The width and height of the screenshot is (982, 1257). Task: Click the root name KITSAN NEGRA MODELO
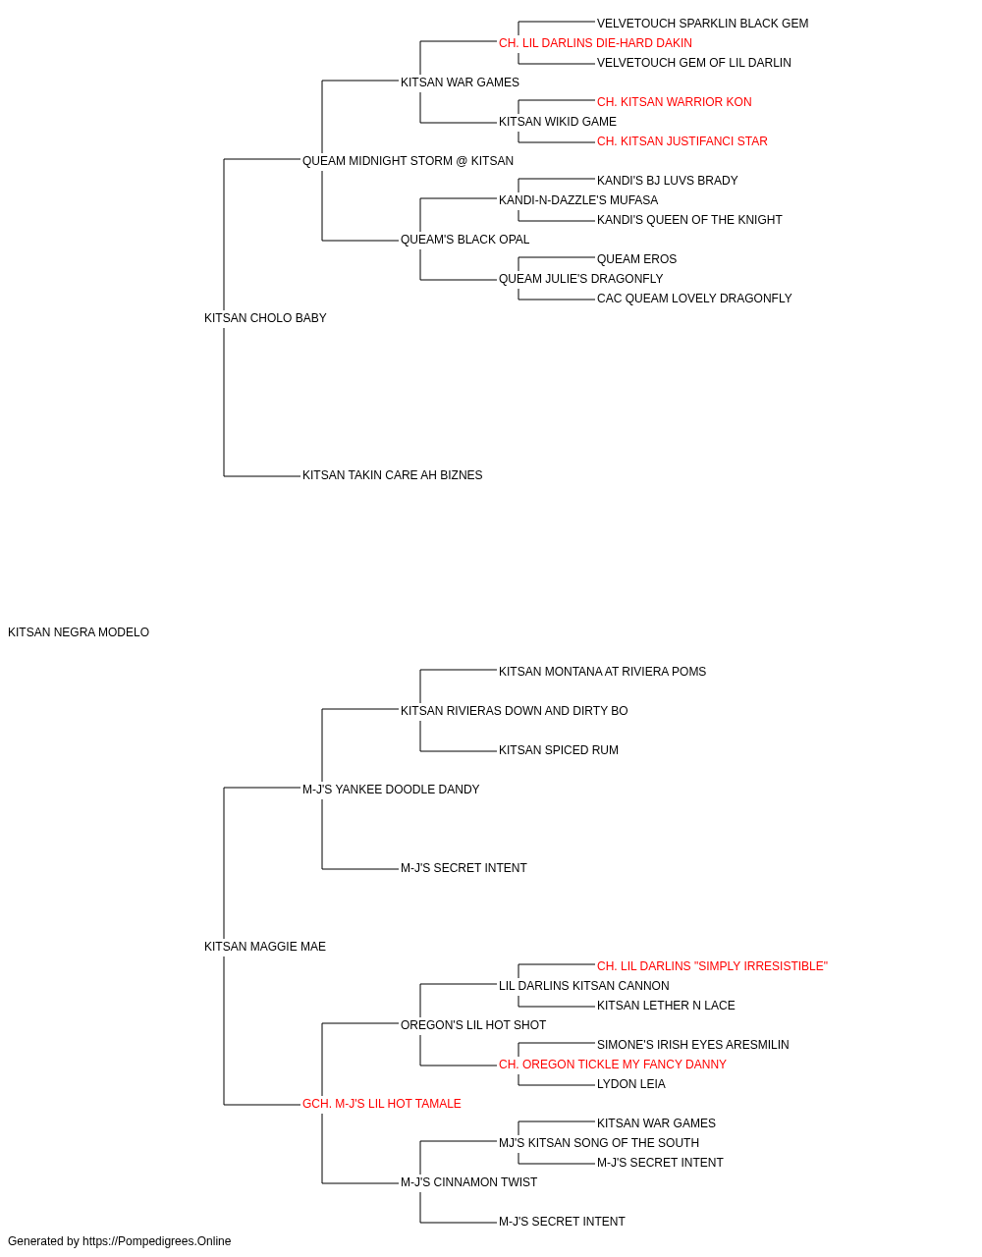[x=79, y=632]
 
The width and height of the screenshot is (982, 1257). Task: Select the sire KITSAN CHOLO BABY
[x=265, y=317]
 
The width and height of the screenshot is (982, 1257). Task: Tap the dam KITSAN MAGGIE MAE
[x=265, y=947]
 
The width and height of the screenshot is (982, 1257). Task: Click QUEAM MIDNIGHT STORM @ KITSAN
[x=408, y=161]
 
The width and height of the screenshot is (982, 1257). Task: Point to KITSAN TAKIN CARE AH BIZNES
[x=392, y=475]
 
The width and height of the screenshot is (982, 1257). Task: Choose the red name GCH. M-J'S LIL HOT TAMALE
[x=382, y=1104]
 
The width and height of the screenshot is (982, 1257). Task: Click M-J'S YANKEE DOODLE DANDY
[x=391, y=789]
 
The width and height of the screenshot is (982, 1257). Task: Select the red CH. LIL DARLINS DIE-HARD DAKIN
[x=595, y=43]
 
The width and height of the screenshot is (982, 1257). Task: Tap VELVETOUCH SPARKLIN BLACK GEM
[x=703, y=24]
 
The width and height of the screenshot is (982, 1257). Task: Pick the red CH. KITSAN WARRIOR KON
[x=675, y=102]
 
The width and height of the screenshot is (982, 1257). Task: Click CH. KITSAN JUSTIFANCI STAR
[x=682, y=141]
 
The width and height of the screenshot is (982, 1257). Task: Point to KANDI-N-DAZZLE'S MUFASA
[x=578, y=200]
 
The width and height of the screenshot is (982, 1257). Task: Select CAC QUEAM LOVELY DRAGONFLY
[x=694, y=299]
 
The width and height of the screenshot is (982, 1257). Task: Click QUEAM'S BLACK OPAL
[x=464, y=240]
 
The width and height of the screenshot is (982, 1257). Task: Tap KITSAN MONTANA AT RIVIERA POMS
[x=602, y=671]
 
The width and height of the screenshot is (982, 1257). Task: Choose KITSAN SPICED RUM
[x=559, y=749]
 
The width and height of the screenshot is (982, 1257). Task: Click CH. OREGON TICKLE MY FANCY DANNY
[x=613, y=1065]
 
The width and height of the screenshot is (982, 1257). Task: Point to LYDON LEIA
[x=631, y=1084]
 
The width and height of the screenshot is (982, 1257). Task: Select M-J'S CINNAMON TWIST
[x=469, y=1182]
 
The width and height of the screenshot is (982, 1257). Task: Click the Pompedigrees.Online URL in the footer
[x=157, y=1241]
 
